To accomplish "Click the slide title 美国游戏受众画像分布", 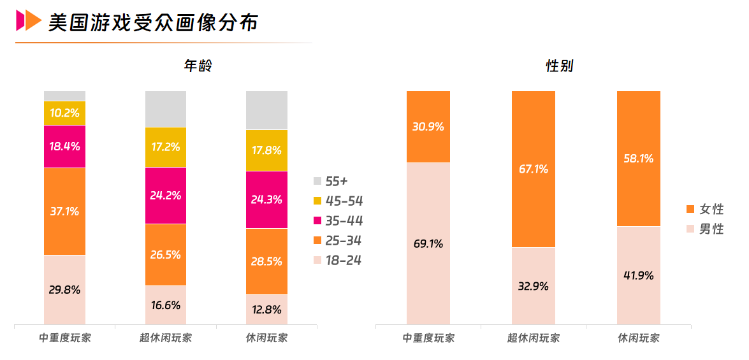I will pos(153,22).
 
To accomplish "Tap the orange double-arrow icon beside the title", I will pos(28,21).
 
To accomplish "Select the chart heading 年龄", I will pos(198,66).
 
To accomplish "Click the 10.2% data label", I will pos(64,113).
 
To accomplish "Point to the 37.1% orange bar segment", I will pos(64,211).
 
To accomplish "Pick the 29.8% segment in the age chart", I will pos(64,289).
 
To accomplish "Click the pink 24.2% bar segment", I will pos(166,195).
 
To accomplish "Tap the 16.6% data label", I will pos(166,305).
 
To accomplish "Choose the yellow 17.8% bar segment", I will pos(266,150).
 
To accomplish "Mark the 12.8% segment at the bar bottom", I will pos(266,310).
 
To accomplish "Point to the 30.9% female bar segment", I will pos(428,127).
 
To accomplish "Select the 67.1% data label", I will pos(534,169).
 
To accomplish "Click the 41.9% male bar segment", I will pos(639,276).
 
